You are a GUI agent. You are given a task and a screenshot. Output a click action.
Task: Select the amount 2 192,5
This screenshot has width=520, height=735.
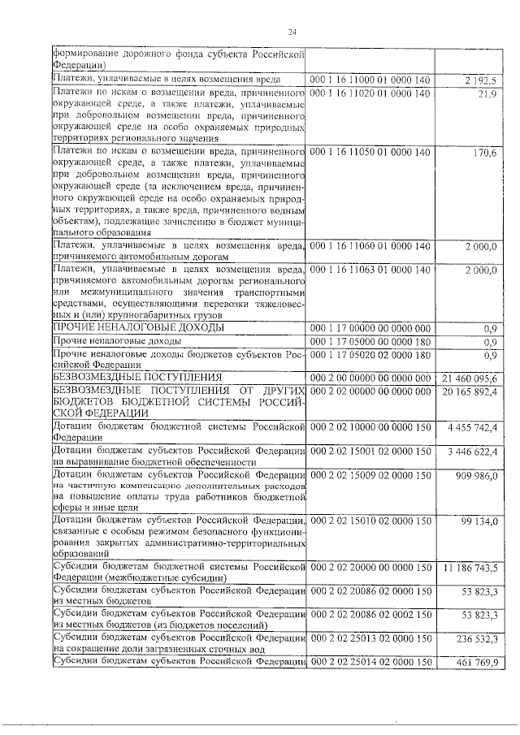[x=481, y=80]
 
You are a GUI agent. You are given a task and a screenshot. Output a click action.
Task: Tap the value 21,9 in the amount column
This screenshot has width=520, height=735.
[x=487, y=95]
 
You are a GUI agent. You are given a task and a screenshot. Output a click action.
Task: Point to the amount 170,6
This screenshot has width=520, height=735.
[x=484, y=153]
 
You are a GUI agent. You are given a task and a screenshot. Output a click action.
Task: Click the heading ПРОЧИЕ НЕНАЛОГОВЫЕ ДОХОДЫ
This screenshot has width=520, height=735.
[x=138, y=327]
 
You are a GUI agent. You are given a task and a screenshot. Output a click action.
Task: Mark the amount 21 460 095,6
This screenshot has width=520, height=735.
[x=473, y=378]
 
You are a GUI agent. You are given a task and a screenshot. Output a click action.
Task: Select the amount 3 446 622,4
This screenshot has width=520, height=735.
[x=476, y=452]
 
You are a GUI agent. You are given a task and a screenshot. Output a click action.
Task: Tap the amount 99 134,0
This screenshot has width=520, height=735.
[x=481, y=521]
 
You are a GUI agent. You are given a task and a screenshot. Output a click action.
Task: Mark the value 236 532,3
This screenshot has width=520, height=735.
[x=479, y=639]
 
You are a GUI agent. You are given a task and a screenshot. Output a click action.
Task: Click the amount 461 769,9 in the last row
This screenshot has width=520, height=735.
[x=479, y=664]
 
